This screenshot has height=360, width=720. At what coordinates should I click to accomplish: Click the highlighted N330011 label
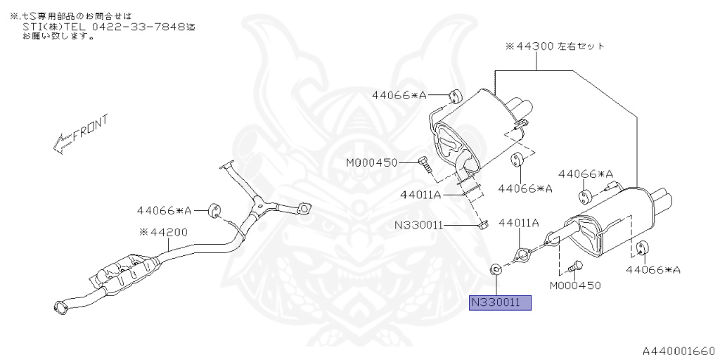[x=501, y=303]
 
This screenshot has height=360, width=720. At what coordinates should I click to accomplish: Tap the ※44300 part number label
[x=527, y=46]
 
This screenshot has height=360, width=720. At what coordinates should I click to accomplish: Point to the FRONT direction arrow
[x=79, y=135]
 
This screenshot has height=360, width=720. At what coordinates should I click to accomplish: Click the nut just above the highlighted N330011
[x=495, y=269]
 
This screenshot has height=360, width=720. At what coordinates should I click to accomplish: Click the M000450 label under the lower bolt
[x=575, y=285]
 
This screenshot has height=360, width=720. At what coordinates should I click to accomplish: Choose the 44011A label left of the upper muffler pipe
[x=420, y=194]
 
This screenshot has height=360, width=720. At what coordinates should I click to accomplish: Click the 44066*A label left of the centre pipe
[x=164, y=210]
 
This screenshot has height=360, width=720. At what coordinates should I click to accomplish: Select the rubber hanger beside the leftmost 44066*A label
[x=214, y=210]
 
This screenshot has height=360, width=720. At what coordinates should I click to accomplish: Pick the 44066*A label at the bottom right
[x=654, y=269]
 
